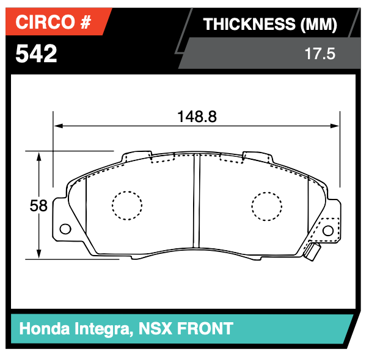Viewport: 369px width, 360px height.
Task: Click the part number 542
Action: (x=36, y=54)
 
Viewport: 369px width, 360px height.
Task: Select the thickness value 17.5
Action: (x=320, y=54)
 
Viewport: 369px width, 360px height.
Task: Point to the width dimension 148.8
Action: (x=197, y=116)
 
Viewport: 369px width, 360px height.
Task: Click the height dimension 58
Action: (x=38, y=206)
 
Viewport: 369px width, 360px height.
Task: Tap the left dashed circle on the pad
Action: (x=126, y=206)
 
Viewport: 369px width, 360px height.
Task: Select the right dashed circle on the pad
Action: (x=267, y=206)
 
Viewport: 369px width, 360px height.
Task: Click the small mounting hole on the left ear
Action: (x=65, y=229)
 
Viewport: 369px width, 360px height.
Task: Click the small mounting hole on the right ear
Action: (x=328, y=231)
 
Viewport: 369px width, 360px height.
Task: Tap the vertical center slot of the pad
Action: (x=197, y=201)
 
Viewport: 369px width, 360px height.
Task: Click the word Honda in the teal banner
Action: (x=45, y=329)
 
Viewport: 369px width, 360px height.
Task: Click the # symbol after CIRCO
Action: (x=86, y=23)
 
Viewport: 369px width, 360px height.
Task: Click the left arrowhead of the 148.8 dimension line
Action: (x=59, y=126)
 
